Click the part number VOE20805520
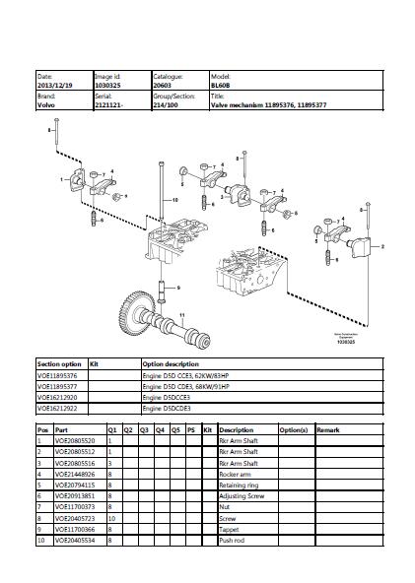tap(75, 441)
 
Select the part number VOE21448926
tap(75, 474)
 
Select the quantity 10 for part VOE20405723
tap(112, 517)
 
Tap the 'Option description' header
tap(171, 364)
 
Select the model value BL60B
tap(221, 85)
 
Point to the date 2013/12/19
tap(53, 85)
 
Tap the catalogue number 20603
tap(164, 85)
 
